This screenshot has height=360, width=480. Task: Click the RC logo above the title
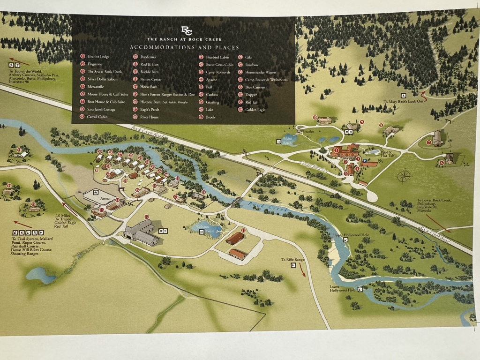tap(186, 30)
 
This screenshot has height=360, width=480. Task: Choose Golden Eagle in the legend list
tap(255, 110)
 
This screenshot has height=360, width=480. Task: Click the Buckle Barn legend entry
tap(149, 72)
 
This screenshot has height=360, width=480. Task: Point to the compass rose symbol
tap(404, 176)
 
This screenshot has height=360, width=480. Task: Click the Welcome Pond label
tap(202, 229)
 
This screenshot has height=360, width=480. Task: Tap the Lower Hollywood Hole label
tap(341, 288)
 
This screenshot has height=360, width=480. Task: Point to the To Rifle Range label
tap(292, 260)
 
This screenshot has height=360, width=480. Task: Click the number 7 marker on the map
tap(428, 142)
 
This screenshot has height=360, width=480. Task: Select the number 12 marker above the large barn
tap(147, 217)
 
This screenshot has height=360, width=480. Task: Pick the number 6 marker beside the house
tap(441, 163)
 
